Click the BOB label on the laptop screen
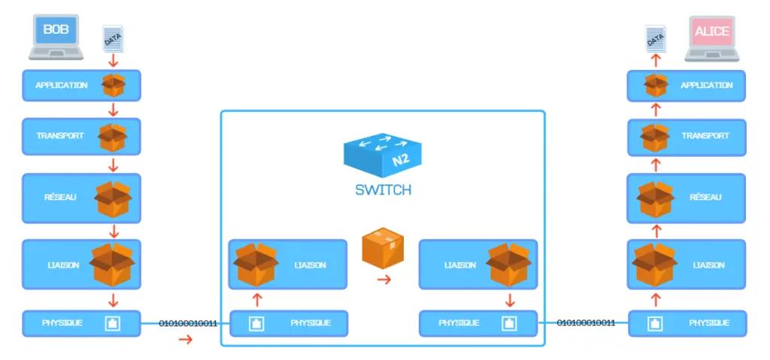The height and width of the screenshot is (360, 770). [x=56, y=29]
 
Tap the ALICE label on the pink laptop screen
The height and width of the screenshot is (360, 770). [x=712, y=31]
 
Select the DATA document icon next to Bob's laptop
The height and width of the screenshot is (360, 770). [x=113, y=38]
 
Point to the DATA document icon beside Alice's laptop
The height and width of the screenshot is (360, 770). [x=656, y=38]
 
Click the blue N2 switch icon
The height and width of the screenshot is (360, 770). [x=382, y=154]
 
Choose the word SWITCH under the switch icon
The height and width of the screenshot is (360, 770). [x=383, y=190]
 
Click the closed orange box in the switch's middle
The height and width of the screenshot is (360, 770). [x=383, y=247]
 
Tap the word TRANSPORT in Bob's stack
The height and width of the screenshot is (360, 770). [x=60, y=135]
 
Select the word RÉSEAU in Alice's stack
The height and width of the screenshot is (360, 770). [x=705, y=197]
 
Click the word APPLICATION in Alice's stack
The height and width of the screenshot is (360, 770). [x=707, y=85]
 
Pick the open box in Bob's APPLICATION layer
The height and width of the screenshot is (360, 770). [x=114, y=85]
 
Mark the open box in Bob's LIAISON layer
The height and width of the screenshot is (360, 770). [x=113, y=265]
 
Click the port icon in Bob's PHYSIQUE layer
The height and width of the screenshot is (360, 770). [x=113, y=323]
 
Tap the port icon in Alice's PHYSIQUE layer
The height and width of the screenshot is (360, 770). [x=656, y=323]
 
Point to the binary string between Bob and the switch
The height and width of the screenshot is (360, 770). [x=187, y=324]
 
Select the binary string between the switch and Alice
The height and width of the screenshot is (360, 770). [x=585, y=322]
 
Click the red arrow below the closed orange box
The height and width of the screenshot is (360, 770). [x=384, y=280]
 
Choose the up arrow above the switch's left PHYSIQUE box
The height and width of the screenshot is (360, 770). [x=257, y=299]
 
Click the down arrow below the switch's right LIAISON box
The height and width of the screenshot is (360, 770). [x=510, y=300]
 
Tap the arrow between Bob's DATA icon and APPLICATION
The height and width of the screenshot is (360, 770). [x=114, y=61]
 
